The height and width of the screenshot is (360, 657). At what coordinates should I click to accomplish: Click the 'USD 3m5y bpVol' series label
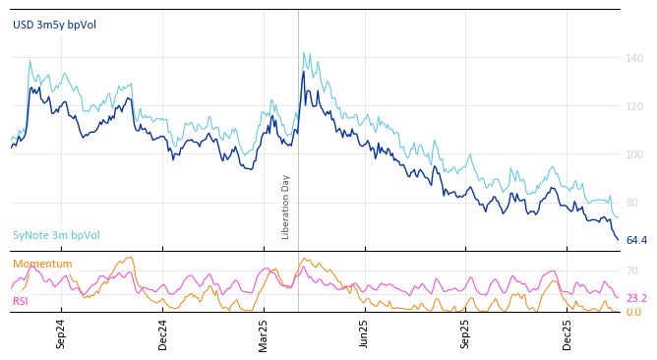pyautogui.click(x=54, y=25)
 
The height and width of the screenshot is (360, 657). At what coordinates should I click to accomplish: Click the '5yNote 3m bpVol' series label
pyautogui.click(x=56, y=236)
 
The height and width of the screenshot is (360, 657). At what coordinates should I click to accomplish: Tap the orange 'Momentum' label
pyautogui.click(x=42, y=264)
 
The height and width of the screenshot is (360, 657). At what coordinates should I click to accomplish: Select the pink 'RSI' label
pyautogui.click(x=21, y=301)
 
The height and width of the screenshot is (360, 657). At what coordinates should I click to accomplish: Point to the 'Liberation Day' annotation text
pyautogui.click(x=286, y=207)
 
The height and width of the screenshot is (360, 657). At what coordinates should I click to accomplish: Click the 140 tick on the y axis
pyautogui.click(x=634, y=58)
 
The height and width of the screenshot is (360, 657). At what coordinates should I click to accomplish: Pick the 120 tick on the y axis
pyautogui.click(x=634, y=106)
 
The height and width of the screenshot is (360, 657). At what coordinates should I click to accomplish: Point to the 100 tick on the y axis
pyautogui.click(x=634, y=154)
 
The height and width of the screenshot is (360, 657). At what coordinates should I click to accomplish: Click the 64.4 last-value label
pyautogui.click(x=636, y=241)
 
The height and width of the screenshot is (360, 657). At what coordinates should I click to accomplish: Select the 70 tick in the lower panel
pyautogui.click(x=631, y=270)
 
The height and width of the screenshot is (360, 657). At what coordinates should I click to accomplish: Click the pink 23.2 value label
pyautogui.click(x=636, y=299)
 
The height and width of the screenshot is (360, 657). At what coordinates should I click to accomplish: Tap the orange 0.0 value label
pyautogui.click(x=633, y=313)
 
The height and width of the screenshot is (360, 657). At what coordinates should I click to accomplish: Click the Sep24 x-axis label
pyautogui.click(x=61, y=333)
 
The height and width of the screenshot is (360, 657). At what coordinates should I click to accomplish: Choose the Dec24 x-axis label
pyautogui.click(x=163, y=333)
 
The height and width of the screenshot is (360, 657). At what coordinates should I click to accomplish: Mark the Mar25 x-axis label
pyautogui.click(x=264, y=333)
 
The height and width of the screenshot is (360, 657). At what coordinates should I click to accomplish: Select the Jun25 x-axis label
pyautogui.click(x=364, y=333)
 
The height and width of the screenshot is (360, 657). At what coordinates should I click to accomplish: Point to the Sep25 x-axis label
pyautogui.click(x=466, y=333)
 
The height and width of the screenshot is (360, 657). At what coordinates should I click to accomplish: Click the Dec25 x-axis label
pyautogui.click(x=567, y=333)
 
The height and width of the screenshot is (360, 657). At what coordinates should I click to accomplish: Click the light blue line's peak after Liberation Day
pyautogui.click(x=304, y=53)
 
